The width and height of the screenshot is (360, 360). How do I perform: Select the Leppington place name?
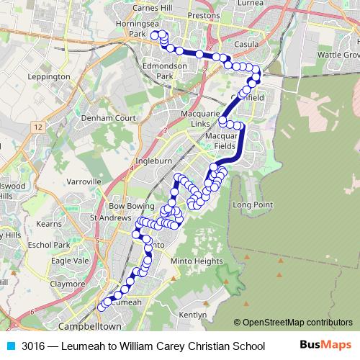pos(48,76)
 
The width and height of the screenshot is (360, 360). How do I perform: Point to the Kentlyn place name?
pos(193,315)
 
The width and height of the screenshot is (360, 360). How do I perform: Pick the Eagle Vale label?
pos(70,261)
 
